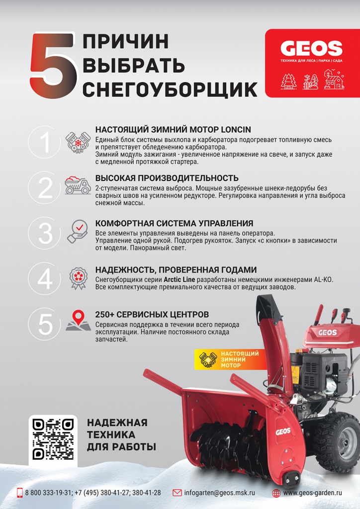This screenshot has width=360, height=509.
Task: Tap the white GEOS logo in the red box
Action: click(x=311, y=49)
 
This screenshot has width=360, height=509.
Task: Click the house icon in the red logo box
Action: click(x=334, y=80)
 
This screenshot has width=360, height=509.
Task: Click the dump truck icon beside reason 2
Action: click(x=77, y=185)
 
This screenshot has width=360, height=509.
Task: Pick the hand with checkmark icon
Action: click(x=77, y=231)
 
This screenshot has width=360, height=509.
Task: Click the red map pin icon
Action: click(x=78, y=318)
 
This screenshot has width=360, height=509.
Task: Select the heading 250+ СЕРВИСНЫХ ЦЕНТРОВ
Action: click(x=152, y=315)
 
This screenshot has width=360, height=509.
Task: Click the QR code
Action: click(x=53, y=439)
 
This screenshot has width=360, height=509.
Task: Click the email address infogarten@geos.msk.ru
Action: click(x=219, y=493)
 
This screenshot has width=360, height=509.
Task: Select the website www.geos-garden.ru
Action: click(x=312, y=493)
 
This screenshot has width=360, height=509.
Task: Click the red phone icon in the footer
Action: click(x=20, y=493)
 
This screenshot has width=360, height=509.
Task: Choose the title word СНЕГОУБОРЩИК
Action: click(x=170, y=89)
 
